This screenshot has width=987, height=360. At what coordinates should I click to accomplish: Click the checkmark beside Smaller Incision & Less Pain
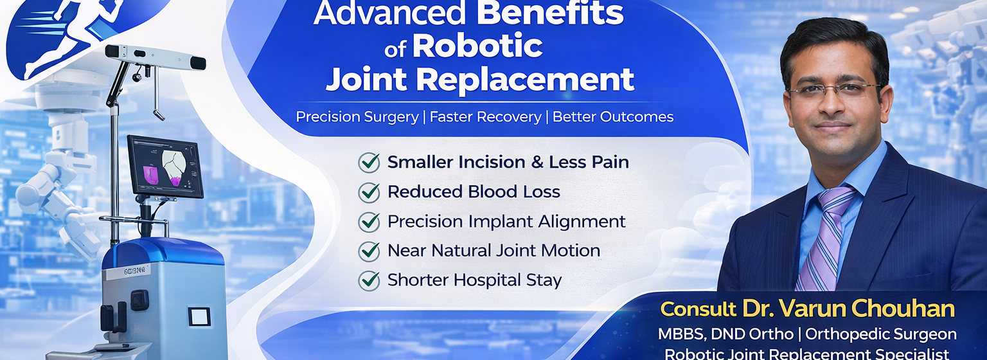coord(369,163)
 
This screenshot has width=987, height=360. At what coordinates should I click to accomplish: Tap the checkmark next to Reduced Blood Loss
coord(369,192)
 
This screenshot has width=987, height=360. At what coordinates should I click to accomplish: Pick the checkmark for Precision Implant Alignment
coord(369,221)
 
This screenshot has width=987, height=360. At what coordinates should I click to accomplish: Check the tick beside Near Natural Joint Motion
coord(369,251)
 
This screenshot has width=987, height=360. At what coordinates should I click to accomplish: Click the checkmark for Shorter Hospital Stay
coord(369,280)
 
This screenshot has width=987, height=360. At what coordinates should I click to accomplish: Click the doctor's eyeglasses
coord(834,89)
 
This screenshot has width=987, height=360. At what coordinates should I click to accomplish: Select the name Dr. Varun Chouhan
coord(848,309)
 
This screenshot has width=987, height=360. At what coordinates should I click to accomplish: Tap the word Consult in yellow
coord(698,309)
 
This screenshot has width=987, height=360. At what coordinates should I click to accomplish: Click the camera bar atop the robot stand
coord(156,57)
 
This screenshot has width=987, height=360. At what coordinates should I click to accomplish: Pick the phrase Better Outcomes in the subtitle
coord(613,117)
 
